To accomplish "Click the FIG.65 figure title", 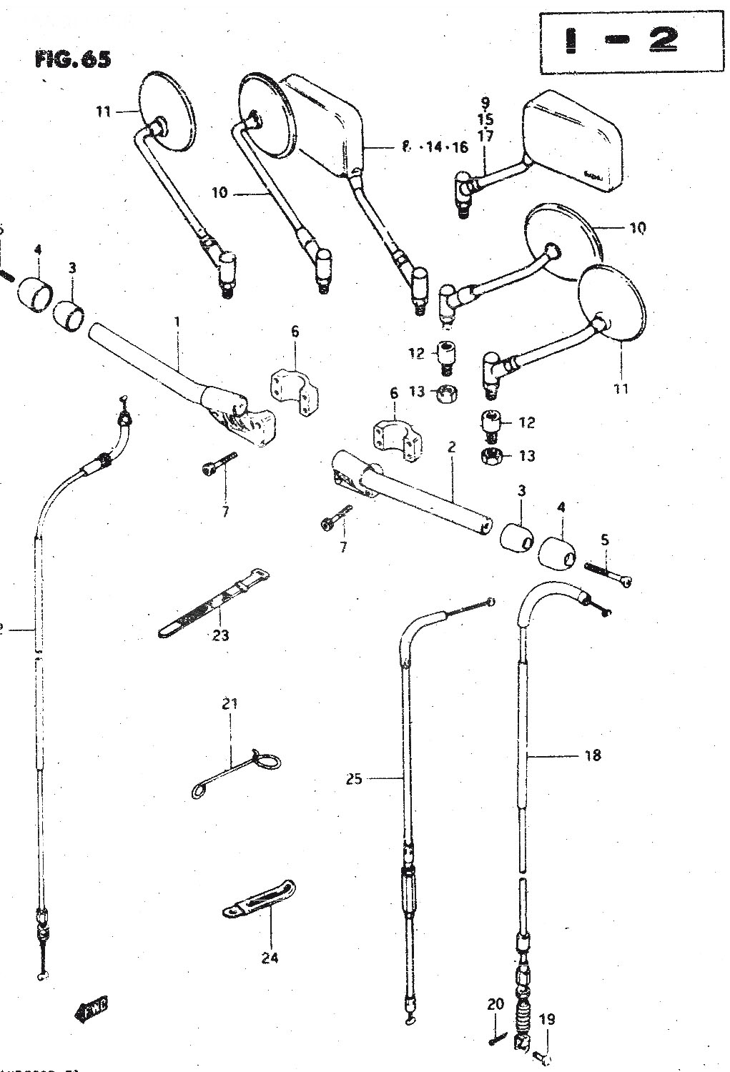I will (72, 59).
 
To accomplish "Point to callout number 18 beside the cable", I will (592, 755).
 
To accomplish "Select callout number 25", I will (354, 778).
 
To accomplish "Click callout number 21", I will (229, 704).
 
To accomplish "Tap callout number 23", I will (220, 634).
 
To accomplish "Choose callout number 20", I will (495, 1005).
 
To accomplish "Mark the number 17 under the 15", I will (485, 135).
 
